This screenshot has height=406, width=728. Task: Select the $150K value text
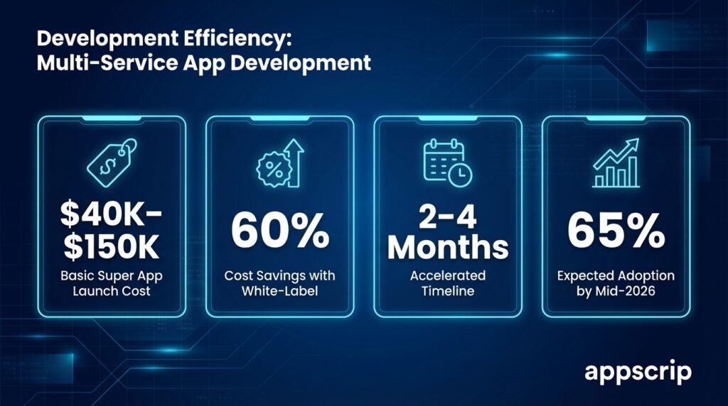pos(111,247)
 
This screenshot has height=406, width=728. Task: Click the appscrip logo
pos(638,372)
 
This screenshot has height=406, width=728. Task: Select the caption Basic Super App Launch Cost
pos(111,283)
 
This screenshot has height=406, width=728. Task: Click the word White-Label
pos(279,291)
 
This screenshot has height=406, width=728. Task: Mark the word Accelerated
pos(448,275)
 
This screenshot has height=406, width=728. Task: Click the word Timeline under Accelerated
pos(448,291)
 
